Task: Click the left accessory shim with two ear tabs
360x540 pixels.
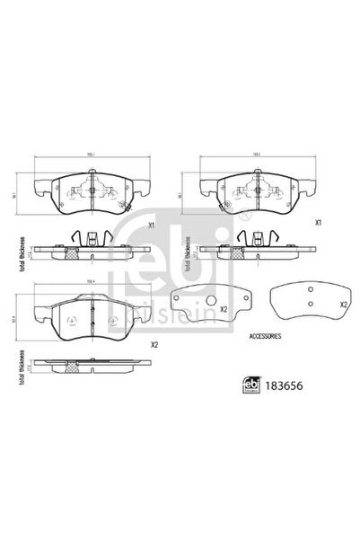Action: pyautogui.click(x=212, y=306)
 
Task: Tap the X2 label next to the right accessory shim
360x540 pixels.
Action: pyautogui.click(x=342, y=305)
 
